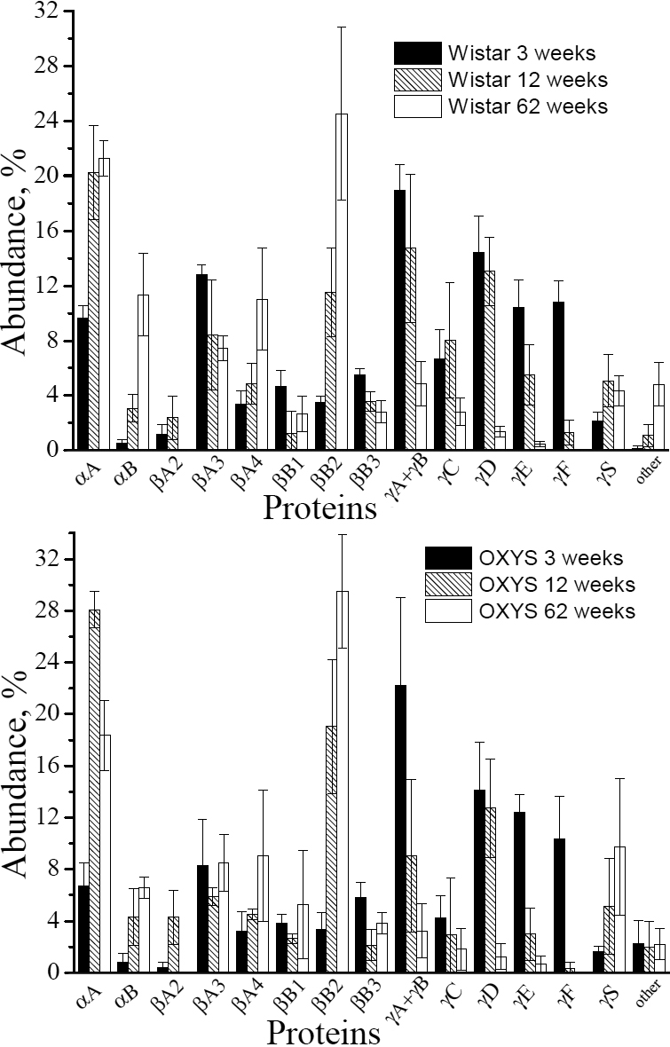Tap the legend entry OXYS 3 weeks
coord(555,558)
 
